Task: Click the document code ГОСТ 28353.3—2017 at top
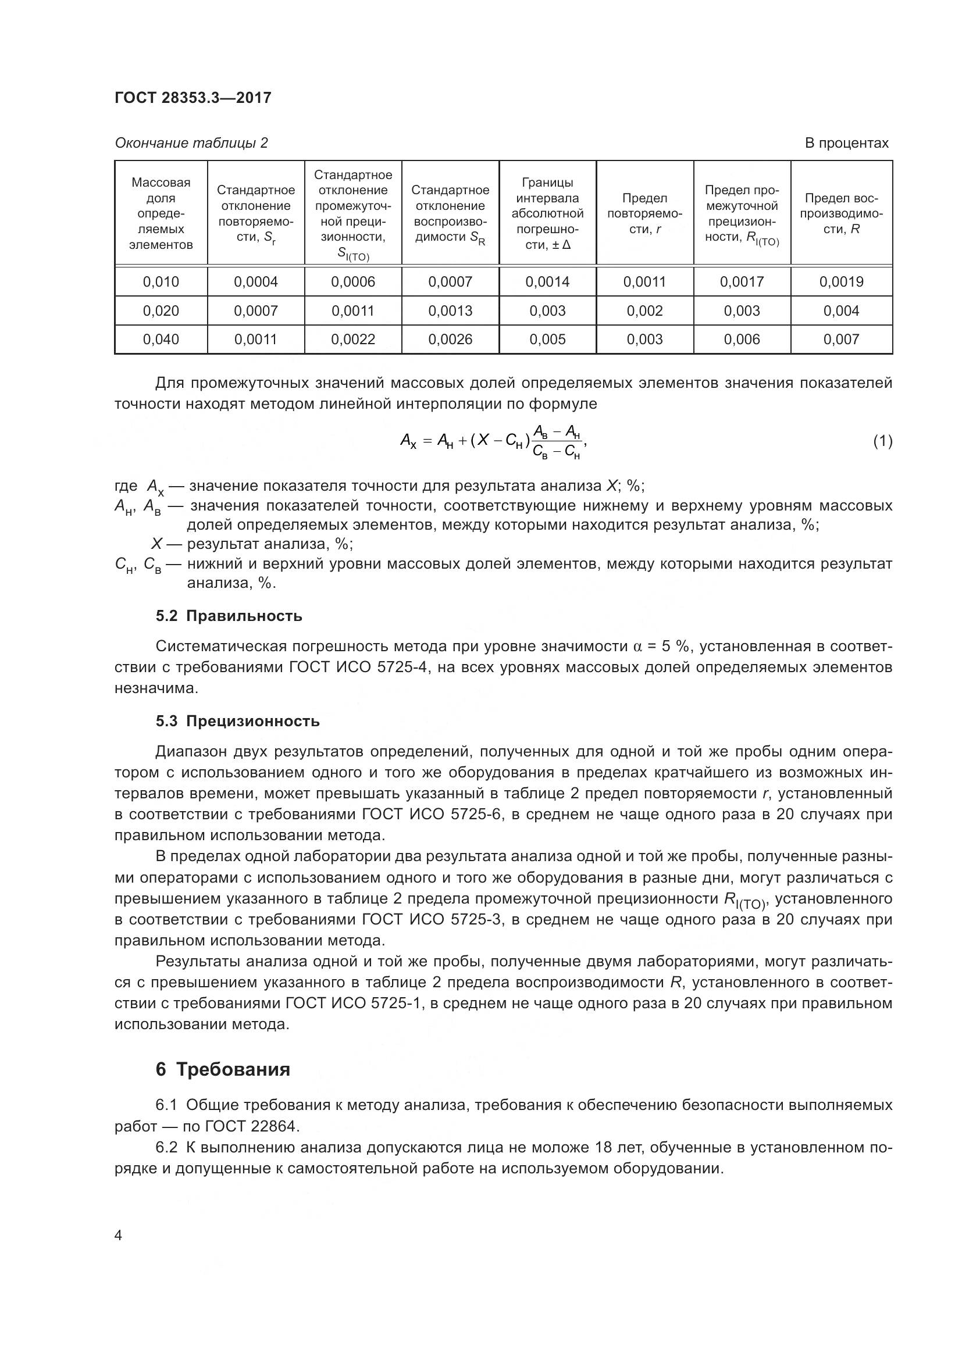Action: tap(193, 98)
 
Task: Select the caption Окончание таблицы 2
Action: tap(191, 143)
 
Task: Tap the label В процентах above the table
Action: tap(846, 143)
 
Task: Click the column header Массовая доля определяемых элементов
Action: tap(161, 213)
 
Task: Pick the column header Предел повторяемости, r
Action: tap(644, 213)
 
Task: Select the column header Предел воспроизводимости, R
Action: tap(841, 213)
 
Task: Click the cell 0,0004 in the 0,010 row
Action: tap(256, 282)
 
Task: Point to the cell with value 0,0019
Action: tap(841, 282)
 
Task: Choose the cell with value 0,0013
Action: tap(450, 311)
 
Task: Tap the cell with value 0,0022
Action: tap(353, 340)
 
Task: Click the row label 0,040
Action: tap(161, 340)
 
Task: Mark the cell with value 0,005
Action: tap(547, 340)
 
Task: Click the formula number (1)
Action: tap(883, 441)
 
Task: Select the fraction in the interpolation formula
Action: tap(556, 442)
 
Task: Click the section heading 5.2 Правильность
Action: tap(229, 616)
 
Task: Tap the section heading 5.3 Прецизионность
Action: tap(237, 721)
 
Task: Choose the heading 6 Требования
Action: tap(223, 1069)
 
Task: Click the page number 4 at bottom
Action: tap(118, 1235)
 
